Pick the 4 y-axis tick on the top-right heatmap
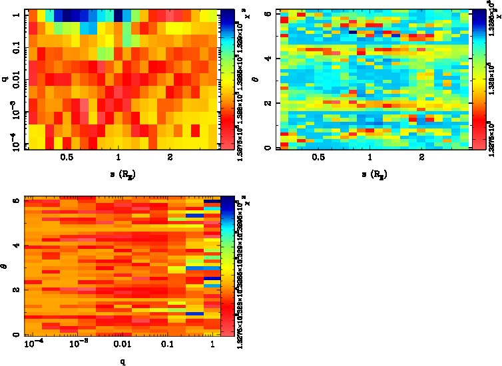coord(268,59)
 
